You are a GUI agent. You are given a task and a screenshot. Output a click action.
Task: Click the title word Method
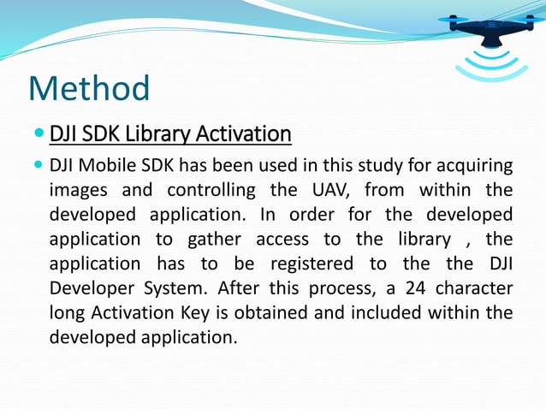89,89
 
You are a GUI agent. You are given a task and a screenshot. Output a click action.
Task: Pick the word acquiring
476,165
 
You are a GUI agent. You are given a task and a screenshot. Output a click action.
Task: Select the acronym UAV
323,189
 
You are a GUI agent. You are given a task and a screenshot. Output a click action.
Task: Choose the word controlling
211,189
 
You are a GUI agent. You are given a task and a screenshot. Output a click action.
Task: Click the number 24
389,287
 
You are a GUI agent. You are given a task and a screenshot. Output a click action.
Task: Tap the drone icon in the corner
490,27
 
